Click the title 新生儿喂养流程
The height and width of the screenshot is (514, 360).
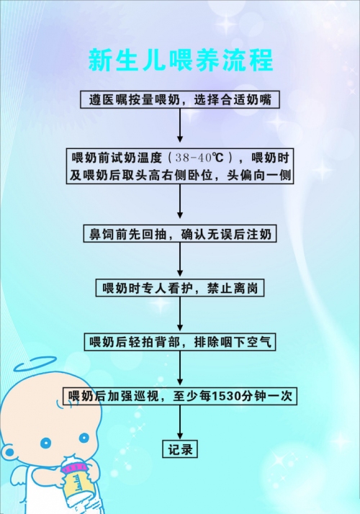tap(181, 60)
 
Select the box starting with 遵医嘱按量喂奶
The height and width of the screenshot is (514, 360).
tap(180, 99)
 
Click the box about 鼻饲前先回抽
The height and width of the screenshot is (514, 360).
tap(180, 234)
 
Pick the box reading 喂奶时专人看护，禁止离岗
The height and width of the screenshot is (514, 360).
tap(180, 288)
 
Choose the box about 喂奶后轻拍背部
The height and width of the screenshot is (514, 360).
tap(180, 342)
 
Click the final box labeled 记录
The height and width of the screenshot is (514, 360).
tap(180, 449)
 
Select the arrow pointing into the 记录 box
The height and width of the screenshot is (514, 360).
tap(180, 423)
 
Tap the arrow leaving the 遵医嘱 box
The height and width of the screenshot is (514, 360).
tap(180, 125)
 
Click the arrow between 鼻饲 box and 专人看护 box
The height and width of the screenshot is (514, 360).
tap(180, 260)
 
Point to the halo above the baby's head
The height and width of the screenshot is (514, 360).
tap(35, 364)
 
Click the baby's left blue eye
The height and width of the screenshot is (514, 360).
tap(46, 443)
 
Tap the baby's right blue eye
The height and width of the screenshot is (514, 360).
tap(84, 438)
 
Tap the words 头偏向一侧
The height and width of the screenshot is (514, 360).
tap(259, 176)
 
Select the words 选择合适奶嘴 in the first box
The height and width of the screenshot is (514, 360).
tap(233, 99)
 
